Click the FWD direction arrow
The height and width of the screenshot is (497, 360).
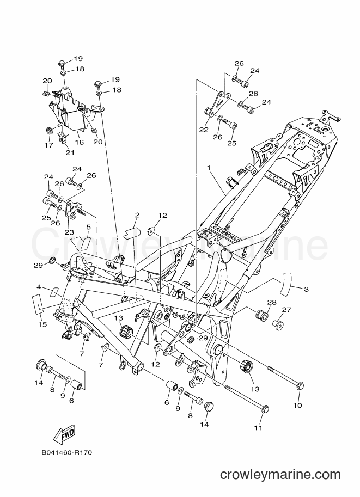tap(64, 434)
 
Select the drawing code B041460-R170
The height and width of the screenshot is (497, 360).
tap(66, 452)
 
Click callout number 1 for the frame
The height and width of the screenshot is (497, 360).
tap(209, 168)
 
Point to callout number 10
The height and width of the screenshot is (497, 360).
tap(297, 405)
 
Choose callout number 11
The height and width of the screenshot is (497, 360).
tap(259, 427)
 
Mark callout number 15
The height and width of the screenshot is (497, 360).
tap(42, 324)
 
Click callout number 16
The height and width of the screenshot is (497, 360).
tap(80, 142)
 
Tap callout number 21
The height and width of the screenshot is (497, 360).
tap(70, 152)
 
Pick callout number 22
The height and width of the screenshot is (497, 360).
tap(204, 130)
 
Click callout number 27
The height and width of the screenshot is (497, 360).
tap(286, 310)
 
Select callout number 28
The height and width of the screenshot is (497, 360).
tap(272, 302)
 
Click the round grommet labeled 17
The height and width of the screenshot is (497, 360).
tap(49, 130)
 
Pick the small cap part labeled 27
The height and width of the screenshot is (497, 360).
tap(278, 324)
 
